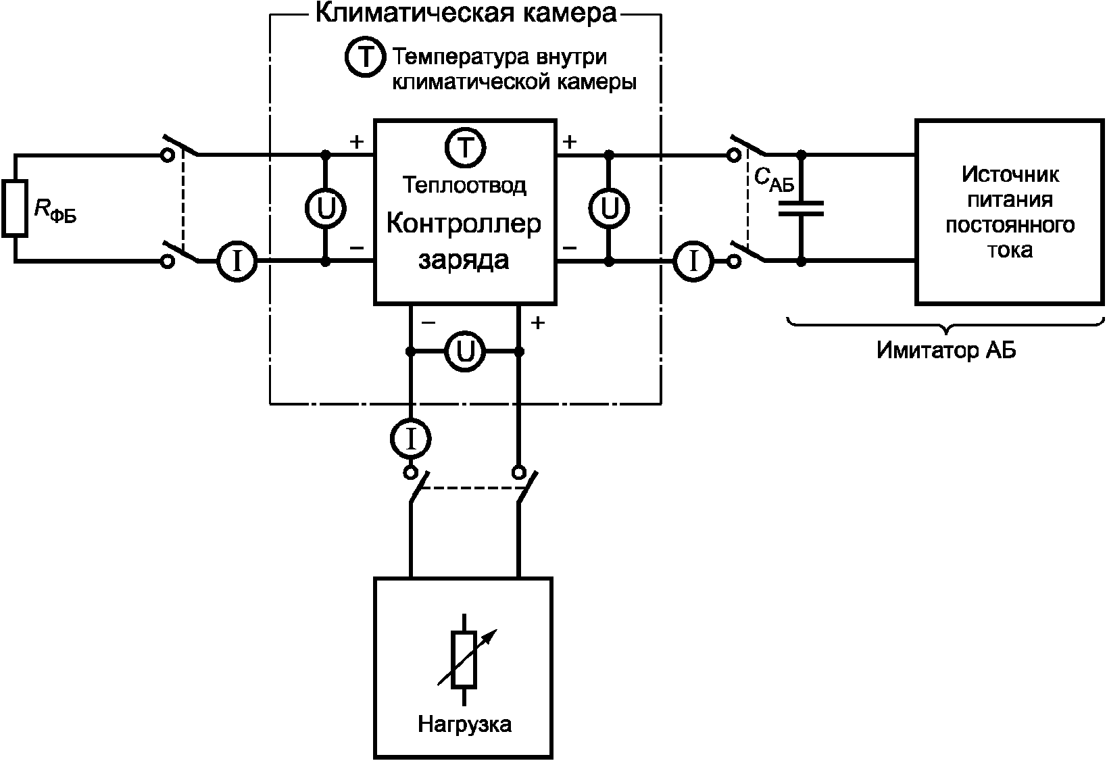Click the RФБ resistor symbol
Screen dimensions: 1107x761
coord(15,209)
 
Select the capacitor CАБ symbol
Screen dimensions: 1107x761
coord(801,209)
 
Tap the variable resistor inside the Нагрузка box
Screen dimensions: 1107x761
coord(464,659)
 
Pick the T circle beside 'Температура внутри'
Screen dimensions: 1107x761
coord(365,56)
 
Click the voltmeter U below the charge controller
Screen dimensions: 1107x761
coord(464,351)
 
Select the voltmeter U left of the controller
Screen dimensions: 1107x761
coord(326,208)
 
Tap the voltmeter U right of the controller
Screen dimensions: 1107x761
coord(609,208)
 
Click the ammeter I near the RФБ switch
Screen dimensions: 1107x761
coord(237,261)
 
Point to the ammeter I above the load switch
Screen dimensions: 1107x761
coord(411,439)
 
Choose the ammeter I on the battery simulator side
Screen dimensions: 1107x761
coord(693,261)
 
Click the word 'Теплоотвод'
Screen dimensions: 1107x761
coord(464,185)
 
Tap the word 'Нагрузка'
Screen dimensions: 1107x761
coord(464,724)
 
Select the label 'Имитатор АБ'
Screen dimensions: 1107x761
coord(946,350)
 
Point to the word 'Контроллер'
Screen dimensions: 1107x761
coord(464,223)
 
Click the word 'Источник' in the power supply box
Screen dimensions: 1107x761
coord(1010,174)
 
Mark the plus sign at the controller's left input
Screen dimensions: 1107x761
coord(356,142)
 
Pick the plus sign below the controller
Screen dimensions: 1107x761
coord(538,322)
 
